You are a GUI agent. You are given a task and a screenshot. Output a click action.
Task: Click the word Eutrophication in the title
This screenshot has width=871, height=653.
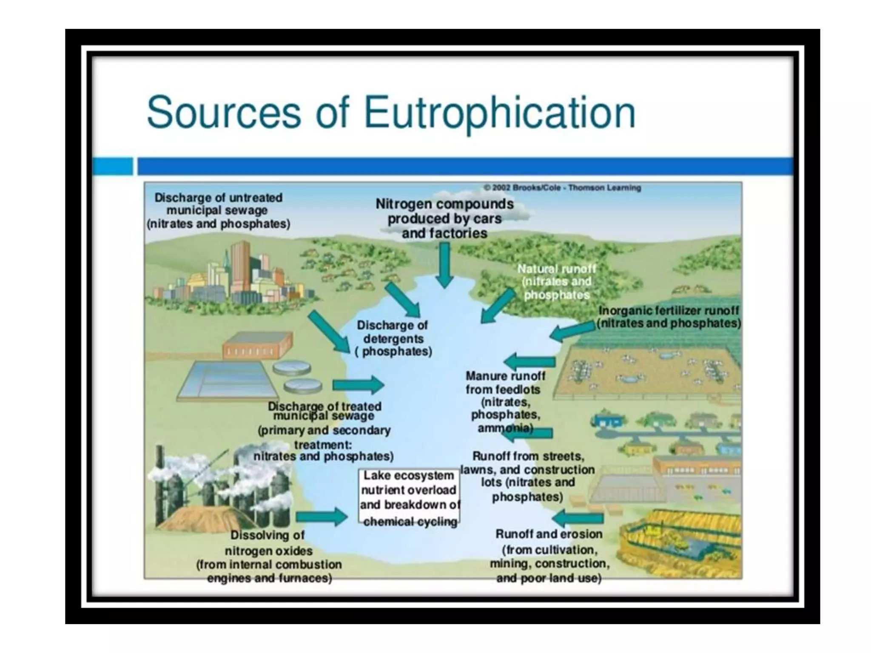(x=500, y=112)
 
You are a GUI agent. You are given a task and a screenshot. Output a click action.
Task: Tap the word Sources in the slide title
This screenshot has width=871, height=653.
(x=224, y=112)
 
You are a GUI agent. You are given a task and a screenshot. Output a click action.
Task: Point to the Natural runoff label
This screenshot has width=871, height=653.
(x=557, y=281)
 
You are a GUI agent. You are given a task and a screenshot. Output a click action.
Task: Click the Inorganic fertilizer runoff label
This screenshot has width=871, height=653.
(x=669, y=317)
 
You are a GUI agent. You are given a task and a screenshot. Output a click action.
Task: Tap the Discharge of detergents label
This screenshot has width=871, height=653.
(x=393, y=338)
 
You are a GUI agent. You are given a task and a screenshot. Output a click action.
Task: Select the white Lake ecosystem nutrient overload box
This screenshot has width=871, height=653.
(x=409, y=497)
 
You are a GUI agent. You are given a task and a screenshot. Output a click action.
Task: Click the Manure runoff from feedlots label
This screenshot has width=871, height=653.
(x=505, y=401)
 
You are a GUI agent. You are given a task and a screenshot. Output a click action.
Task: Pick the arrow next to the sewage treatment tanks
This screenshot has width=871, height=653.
(x=358, y=385)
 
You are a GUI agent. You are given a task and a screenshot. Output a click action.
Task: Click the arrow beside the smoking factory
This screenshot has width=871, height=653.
(x=322, y=517)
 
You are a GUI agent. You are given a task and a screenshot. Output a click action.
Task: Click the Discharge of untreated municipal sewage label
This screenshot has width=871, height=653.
(x=218, y=211)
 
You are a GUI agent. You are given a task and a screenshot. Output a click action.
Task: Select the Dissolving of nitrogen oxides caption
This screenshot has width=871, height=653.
(x=269, y=557)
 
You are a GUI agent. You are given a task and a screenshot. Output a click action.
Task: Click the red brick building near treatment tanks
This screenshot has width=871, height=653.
(x=257, y=345)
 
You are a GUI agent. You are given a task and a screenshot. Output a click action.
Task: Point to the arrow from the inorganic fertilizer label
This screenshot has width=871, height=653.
(x=572, y=332)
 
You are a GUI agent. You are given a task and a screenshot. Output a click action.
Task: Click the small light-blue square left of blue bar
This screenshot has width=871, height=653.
(x=113, y=166)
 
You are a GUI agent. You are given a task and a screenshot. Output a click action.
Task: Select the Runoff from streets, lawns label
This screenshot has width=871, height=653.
(x=528, y=476)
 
